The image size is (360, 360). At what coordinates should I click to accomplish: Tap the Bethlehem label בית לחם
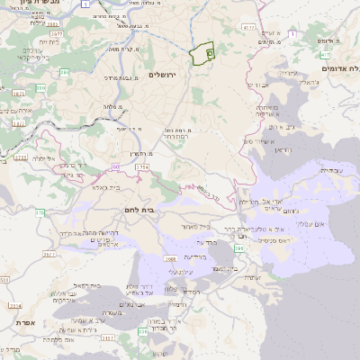[137, 209]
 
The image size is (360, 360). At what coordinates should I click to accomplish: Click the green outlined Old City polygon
[203, 54]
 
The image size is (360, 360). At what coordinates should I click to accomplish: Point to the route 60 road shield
[116, 167]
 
